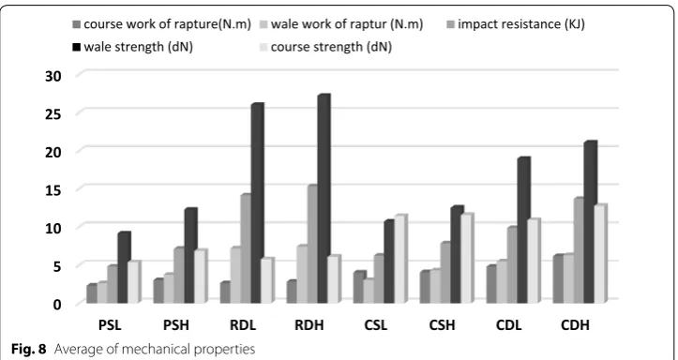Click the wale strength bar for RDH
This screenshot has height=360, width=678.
[324, 199]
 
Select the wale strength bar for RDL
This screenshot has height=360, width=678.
[257, 203]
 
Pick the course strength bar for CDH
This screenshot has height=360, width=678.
[600, 253]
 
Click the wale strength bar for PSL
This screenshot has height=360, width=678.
[124, 267]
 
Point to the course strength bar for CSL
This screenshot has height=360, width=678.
[400, 259]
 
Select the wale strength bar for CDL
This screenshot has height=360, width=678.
[523, 230]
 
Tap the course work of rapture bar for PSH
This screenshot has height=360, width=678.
[158, 291]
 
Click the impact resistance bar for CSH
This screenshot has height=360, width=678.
[446, 272]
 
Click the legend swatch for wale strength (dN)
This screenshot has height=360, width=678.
[77, 47]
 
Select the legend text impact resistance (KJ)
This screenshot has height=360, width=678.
[521, 24]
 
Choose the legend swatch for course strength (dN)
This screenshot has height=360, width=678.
[264, 47]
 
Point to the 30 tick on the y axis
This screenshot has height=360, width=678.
[53, 76]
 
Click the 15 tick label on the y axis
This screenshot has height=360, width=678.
[53, 189]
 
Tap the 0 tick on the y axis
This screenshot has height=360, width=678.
[57, 304]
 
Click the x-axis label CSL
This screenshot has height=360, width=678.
[375, 325]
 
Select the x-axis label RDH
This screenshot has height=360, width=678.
[309, 325]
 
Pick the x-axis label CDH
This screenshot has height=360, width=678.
[575, 325]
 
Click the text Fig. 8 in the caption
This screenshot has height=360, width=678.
[28, 349]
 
